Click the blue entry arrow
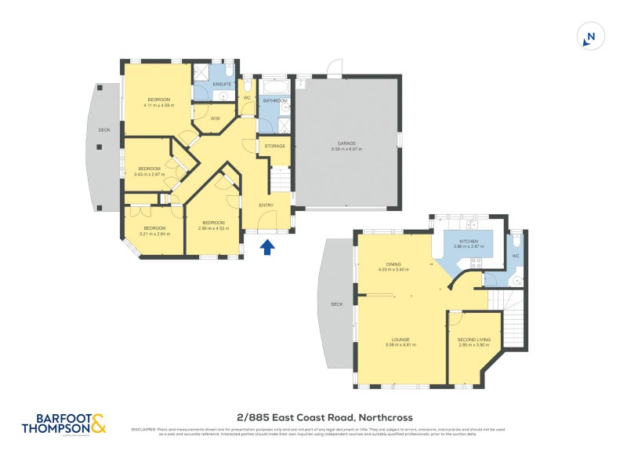point(267,248)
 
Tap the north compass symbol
point(591,37)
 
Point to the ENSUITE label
point(221,83)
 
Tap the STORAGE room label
point(274,146)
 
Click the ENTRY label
point(266,205)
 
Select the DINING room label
point(393,264)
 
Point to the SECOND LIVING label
point(473,340)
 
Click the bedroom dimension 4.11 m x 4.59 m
point(160,105)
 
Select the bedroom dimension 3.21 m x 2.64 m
point(154,234)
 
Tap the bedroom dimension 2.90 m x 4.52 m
point(212,228)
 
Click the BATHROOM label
point(275,101)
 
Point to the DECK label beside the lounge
point(337,304)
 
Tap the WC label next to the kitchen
point(515,256)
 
